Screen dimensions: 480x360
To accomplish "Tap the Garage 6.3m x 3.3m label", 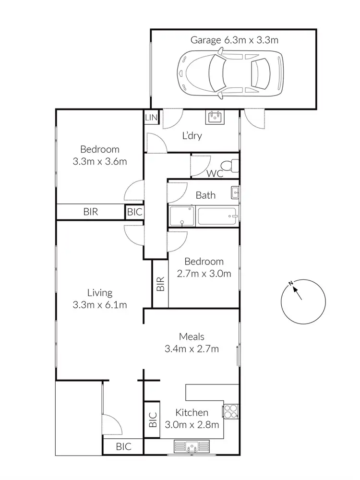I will (x=234, y=40).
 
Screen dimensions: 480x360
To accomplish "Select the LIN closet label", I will (x=151, y=118).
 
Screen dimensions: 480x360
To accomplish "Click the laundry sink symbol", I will (x=215, y=117).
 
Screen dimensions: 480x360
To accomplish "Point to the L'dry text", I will (x=192, y=136).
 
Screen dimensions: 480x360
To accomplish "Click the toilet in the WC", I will (x=232, y=166).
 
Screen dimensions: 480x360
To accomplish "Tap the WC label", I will (x=215, y=174).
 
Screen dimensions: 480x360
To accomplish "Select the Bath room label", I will (x=205, y=195).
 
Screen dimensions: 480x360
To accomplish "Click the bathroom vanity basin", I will (x=235, y=192).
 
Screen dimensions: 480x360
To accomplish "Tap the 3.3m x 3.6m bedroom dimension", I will (x=100, y=162).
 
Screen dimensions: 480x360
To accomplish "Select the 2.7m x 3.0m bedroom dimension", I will (x=204, y=274).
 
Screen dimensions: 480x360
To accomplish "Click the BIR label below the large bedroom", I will (x=91, y=211).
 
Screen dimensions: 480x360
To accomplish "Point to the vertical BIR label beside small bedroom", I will (x=160, y=284).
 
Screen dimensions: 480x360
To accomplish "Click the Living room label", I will (x=100, y=293).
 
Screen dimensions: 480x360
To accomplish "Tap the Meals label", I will (x=192, y=337).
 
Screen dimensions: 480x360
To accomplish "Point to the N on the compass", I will (x=291, y=285).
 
